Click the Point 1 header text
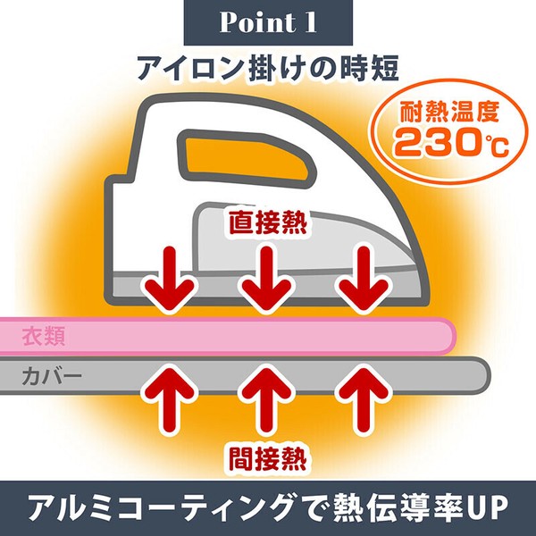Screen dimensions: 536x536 click(x=268, y=22)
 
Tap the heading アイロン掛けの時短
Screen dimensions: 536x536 click(x=268, y=68)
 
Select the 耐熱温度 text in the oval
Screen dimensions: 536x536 click(x=449, y=112)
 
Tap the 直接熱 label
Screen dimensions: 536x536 click(x=268, y=222)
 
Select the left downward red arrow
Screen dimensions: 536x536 click(x=170, y=278)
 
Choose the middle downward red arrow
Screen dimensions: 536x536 click(x=267, y=278)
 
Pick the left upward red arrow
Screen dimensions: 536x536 click(x=170, y=400)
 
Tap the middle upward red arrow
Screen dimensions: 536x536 click(x=267, y=400)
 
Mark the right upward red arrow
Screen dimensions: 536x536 click(x=364, y=400)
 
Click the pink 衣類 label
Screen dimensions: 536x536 click(x=44, y=337)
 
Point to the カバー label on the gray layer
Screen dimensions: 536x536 click(x=52, y=376)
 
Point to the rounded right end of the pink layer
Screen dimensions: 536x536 click(x=453, y=337)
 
